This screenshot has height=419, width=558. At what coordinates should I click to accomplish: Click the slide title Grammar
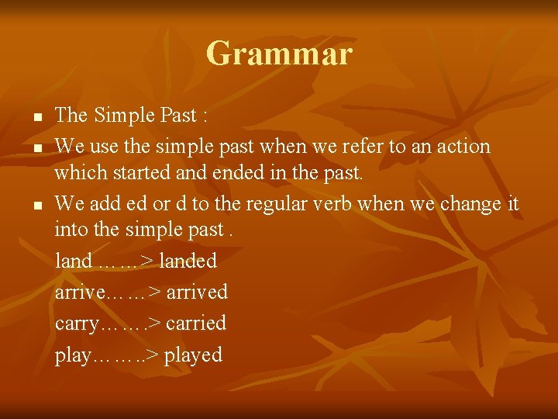279,54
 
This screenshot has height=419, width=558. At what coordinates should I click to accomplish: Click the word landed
188,261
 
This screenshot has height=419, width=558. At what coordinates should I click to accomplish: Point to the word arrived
197,293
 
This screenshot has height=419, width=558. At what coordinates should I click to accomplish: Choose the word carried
195,323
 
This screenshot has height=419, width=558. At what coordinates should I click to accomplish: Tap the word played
193,355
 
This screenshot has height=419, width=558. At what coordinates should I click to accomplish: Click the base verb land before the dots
74,261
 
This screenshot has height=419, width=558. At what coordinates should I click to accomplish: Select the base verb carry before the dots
77,324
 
